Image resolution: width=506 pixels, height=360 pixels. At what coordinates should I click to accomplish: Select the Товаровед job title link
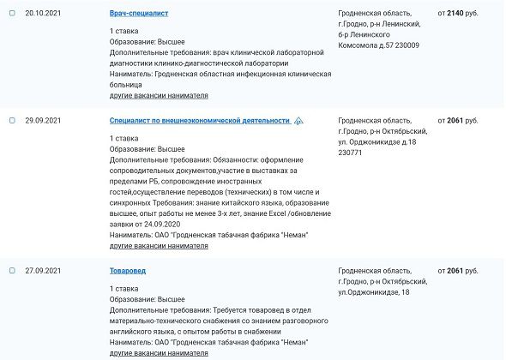128,271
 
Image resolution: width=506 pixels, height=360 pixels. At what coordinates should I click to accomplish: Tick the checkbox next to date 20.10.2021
12,14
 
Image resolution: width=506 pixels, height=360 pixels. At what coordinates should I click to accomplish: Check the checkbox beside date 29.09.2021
12,121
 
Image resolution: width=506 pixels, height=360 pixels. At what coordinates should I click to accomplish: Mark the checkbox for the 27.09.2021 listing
12,271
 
